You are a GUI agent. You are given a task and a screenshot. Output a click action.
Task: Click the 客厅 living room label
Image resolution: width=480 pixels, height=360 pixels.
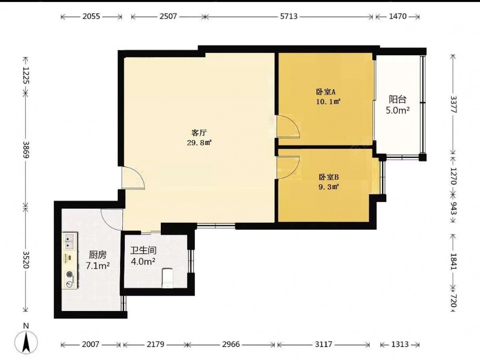pos(199,133)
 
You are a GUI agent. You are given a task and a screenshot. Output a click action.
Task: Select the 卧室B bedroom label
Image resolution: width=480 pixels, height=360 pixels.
pos(329,177)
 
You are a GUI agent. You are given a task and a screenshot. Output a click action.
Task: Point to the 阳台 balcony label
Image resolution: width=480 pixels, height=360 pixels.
pos(397,99)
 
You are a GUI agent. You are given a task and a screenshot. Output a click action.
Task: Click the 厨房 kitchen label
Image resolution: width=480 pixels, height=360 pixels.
pos(97,255)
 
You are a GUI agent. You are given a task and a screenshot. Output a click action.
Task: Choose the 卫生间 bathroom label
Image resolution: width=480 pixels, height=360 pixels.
pos(143,251)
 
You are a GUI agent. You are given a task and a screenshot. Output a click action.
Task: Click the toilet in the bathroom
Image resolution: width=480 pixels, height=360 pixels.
pos(167,278)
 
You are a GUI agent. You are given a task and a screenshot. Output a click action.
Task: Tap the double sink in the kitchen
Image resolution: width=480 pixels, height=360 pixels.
pos(70,240)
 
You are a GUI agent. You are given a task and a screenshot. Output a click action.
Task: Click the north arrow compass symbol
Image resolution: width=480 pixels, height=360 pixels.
pos(26,339)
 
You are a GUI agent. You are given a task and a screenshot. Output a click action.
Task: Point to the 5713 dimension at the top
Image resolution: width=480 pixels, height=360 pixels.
pos(288,16)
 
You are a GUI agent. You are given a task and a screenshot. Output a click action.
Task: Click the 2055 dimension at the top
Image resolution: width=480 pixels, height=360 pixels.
pos(91,16)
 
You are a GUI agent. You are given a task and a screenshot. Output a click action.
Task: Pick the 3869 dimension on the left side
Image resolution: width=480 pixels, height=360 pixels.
pos(26,150)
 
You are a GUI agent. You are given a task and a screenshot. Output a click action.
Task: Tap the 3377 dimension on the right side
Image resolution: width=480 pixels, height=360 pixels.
pos(454,104)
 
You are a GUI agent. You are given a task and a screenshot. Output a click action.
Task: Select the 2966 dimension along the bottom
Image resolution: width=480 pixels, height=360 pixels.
pos(231,344)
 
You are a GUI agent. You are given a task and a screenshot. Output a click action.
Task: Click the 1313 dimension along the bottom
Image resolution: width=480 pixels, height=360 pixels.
pos(400,344)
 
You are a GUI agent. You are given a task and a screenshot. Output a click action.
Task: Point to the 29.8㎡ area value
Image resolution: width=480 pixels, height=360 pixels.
pos(200,143)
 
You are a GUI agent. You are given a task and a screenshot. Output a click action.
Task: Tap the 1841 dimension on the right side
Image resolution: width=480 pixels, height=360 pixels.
pos(454,261)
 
